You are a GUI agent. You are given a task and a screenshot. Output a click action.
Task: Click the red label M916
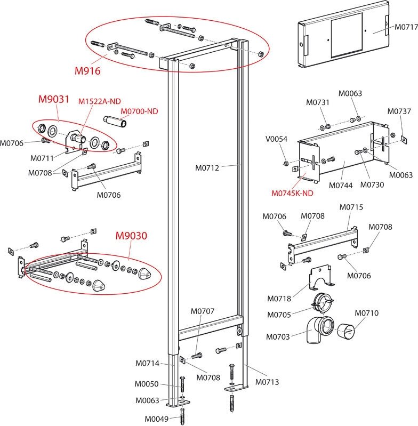coord(87,70)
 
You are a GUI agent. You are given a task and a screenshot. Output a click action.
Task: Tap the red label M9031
coord(52,99)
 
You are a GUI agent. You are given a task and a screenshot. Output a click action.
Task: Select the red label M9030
coord(132,235)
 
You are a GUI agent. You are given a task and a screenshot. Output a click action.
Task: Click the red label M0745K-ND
coord(292,194)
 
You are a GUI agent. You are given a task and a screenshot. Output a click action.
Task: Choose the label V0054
coord(277,139)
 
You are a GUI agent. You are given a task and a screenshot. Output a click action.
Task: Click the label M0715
coord(351,207)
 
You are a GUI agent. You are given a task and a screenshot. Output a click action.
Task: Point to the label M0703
coord(279,337)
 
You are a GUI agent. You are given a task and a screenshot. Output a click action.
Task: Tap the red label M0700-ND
coord(139,111)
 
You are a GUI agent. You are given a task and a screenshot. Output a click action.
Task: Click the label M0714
coord(147,364)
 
